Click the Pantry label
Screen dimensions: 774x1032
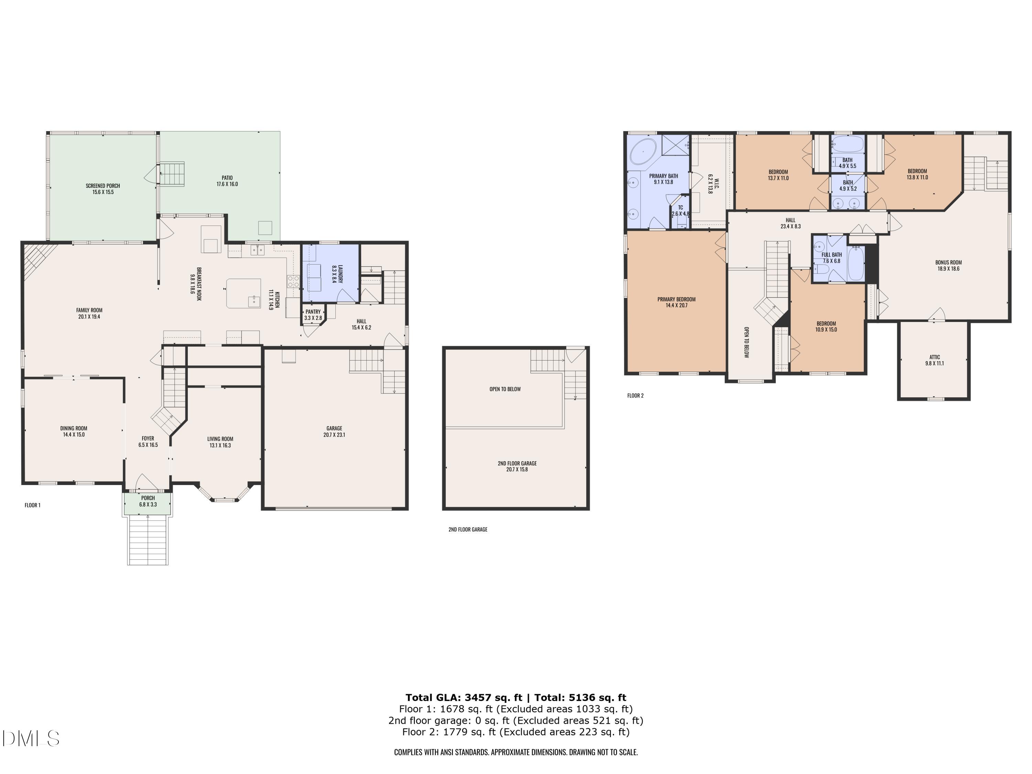tap(313, 312)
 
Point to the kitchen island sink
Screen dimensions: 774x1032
tap(254, 301)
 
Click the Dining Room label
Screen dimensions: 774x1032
tap(74, 428)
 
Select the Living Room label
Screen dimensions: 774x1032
tap(220, 439)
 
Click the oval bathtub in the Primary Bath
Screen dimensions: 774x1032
tap(643, 152)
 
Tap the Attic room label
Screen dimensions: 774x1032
tap(935, 357)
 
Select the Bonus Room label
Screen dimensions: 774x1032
tap(948, 263)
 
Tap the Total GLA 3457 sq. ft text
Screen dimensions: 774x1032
tap(463, 698)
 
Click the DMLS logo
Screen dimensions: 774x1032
tap(31, 739)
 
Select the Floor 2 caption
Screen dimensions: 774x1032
tap(635, 396)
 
